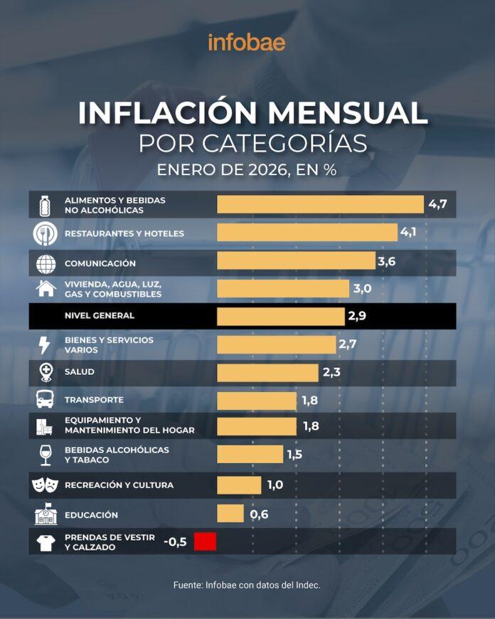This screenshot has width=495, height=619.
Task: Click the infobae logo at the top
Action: point(247,43)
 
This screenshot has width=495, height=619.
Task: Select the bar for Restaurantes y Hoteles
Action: point(307,233)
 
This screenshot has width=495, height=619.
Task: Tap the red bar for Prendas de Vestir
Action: point(205,541)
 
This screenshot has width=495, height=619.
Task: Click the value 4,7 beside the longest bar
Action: point(437,205)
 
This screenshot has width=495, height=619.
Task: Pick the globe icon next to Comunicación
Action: point(46,263)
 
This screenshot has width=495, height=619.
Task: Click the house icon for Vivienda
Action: point(46,289)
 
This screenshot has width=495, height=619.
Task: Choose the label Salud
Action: point(79,371)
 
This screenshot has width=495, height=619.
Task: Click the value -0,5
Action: point(175,541)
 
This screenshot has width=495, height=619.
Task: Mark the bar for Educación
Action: point(230,513)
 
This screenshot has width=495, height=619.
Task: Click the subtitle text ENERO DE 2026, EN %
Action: point(247,171)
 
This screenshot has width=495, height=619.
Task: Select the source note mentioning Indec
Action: point(247,585)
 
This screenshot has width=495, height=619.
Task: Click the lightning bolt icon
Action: point(44,345)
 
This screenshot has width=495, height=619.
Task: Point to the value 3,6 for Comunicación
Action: point(386,261)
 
